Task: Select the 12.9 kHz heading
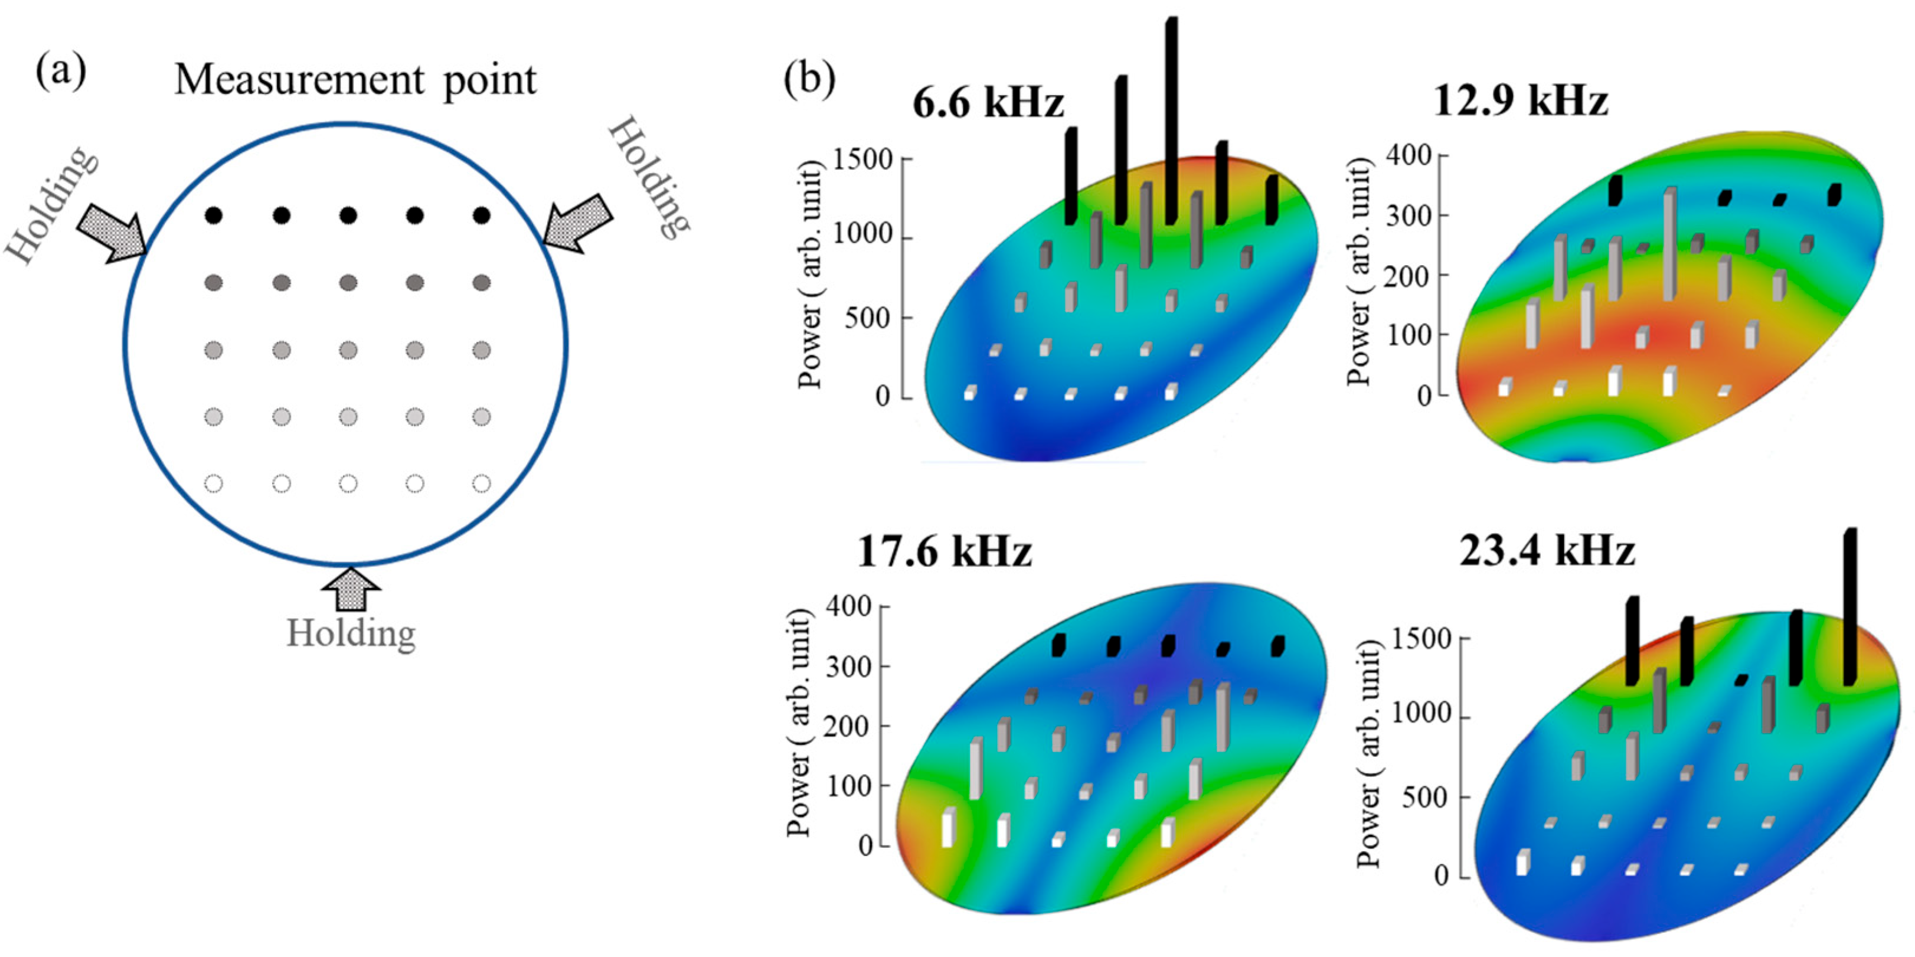(1520, 100)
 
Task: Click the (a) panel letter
(61, 71)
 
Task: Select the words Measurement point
(355, 80)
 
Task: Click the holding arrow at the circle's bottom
(351, 587)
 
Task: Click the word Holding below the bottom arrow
(351, 633)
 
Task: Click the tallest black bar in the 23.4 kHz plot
(1850, 606)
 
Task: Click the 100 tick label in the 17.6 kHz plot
(849, 786)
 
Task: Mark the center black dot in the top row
(348, 215)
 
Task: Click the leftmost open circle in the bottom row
(214, 484)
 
